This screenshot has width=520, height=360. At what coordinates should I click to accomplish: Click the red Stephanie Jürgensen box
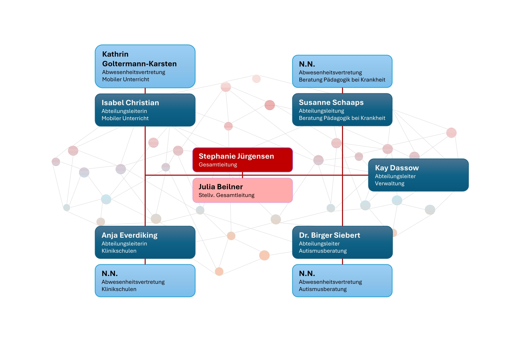click(243, 160)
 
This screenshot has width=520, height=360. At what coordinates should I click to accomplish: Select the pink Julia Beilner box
click(243, 190)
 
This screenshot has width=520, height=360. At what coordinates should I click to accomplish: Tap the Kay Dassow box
click(418, 175)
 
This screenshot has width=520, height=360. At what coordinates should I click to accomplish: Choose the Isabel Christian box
click(145, 110)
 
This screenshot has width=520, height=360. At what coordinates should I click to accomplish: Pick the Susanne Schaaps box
click(342, 110)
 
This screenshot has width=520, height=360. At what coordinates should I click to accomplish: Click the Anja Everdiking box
click(145, 242)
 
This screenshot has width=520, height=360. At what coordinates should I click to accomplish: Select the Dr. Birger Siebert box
click(342, 242)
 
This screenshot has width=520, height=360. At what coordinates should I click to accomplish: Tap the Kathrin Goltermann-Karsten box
click(145, 66)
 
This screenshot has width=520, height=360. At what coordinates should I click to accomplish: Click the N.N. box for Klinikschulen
click(145, 281)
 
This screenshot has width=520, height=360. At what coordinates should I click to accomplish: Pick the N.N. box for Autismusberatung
click(342, 281)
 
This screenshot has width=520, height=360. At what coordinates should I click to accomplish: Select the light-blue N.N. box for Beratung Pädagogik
click(342, 71)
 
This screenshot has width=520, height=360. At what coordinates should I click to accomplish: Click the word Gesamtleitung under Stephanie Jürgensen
click(218, 165)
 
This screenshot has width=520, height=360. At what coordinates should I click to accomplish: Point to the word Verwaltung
click(390, 183)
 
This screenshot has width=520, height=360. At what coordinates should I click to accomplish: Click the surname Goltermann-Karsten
click(139, 64)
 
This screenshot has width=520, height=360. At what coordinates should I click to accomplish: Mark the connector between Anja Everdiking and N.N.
click(145, 262)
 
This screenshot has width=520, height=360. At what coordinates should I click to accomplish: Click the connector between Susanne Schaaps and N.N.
click(342, 91)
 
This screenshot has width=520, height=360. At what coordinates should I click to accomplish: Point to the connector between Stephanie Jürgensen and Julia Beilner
click(243, 175)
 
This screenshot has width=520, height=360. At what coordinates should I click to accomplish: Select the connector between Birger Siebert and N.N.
click(342, 262)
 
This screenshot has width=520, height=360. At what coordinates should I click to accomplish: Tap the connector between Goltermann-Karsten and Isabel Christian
click(145, 91)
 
